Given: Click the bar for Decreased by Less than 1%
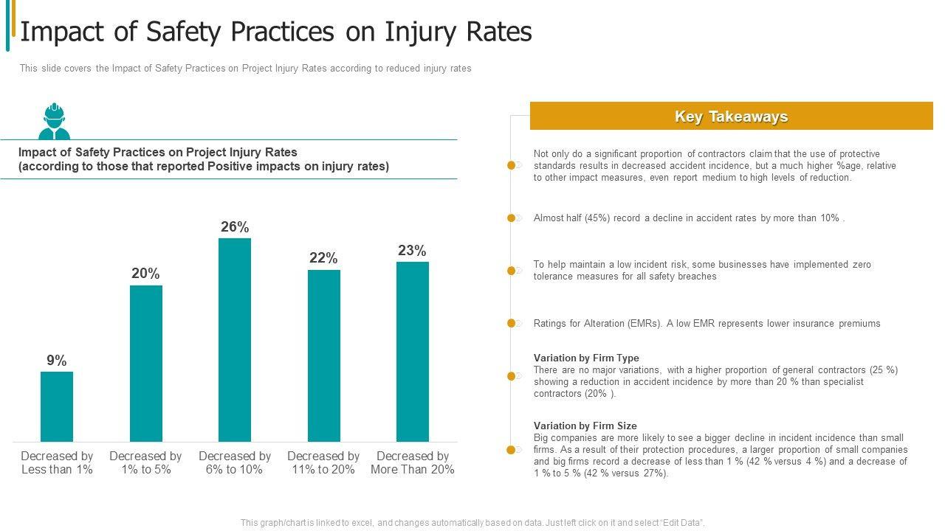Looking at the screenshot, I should (x=57, y=406).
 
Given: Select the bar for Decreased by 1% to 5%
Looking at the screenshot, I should (x=146, y=364).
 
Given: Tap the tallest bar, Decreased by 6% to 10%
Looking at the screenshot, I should (x=235, y=340).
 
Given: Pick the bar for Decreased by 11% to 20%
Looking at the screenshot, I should (x=324, y=355).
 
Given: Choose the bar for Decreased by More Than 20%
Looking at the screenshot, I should (x=413, y=352).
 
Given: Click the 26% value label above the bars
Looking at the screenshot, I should (x=235, y=227).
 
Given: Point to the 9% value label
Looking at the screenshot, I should (x=57, y=361).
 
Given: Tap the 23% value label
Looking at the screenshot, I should (x=412, y=251).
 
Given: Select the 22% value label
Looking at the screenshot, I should (x=323, y=258).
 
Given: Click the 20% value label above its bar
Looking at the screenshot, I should (x=145, y=274).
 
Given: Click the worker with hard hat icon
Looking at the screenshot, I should (x=54, y=122).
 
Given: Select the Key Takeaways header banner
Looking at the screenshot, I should (x=731, y=117).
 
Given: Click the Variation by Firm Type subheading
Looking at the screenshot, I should (x=586, y=358).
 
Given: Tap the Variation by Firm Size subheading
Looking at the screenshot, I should (x=585, y=426).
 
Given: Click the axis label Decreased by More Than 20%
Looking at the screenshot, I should (x=412, y=462).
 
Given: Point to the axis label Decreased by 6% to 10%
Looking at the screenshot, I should (x=235, y=462).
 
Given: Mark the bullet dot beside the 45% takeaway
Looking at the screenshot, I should (x=511, y=218).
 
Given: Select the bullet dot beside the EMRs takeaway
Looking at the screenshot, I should (x=511, y=324).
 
